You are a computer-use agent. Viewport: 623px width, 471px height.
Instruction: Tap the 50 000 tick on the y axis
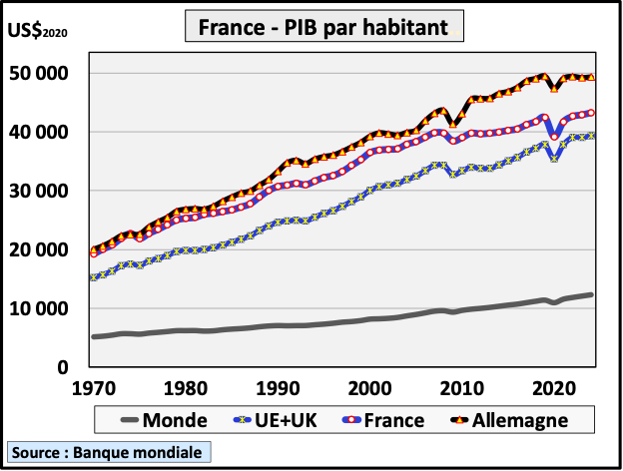[36, 74]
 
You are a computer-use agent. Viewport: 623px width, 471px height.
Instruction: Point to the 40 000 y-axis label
[36, 133]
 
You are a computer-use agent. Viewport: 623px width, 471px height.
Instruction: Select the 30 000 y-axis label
[36, 191]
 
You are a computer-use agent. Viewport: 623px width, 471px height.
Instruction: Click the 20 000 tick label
[36, 249]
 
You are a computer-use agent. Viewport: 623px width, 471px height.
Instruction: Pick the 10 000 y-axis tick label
[36, 308]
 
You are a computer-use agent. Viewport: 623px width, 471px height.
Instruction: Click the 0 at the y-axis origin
[61, 367]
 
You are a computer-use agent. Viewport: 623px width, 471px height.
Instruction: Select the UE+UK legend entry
[276, 420]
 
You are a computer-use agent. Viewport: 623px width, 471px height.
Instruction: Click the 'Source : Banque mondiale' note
[107, 453]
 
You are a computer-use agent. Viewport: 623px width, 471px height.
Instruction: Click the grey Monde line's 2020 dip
[554, 302]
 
